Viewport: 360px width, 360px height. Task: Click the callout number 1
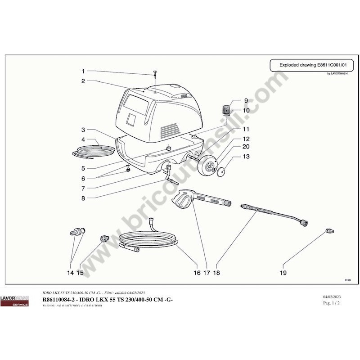point(83,71)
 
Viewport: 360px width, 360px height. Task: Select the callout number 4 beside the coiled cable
point(83,139)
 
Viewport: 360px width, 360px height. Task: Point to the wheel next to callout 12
point(209,166)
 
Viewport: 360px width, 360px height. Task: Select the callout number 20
point(246,147)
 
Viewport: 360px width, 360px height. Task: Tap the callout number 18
point(216,273)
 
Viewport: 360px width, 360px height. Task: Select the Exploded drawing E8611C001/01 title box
point(311,65)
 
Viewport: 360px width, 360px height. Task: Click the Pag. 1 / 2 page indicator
point(332,303)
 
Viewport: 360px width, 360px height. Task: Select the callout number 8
point(83,198)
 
